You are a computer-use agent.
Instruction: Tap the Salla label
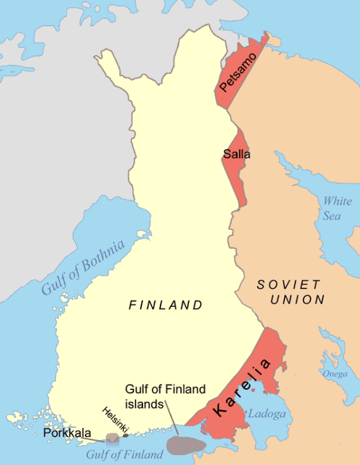[237, 154]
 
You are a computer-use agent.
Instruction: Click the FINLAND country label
[165, 305]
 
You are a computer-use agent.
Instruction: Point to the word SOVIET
[289, 285]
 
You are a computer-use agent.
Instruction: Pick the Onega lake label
[334, 374]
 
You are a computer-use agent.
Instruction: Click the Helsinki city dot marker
[126, 435]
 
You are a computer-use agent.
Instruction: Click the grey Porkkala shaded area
[112, 440]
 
